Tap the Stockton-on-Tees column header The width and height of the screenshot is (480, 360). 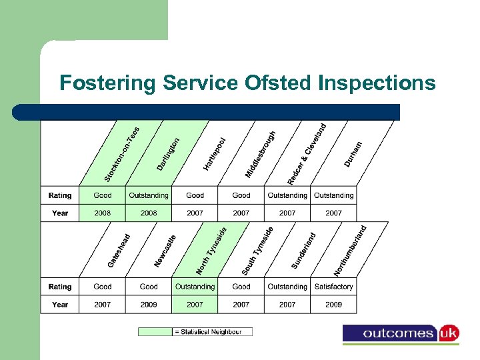[x=122, y=154]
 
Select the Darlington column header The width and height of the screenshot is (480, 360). [x=168, y=153]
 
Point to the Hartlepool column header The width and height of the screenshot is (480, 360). [x=215, y=153]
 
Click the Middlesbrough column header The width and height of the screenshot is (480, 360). [x=260, y=154]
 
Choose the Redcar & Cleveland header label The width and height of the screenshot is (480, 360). [x=307, y=154]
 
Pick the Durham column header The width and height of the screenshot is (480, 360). [x=353, y=154]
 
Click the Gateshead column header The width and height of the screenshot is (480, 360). [x=119, y=251]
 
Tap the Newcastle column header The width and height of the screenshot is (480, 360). [x=165, y=251]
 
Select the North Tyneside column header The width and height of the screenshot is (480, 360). [x=211, y=251]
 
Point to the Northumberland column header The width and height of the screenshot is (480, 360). [x=350, y=251]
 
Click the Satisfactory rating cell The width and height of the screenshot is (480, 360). [x=333, y=287]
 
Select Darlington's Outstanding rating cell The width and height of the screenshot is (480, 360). [x=149, y=195]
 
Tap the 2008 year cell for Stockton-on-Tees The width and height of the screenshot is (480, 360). [x=103, y=213]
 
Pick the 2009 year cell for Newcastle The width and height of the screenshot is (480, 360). [x=149, y=305]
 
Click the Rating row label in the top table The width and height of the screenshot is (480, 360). [x=60, y=195]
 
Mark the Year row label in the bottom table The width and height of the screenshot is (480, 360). [x=60, y=305]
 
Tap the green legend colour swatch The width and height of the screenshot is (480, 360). [x=155, y=332]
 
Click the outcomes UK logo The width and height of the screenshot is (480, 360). [x=401, y=333]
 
